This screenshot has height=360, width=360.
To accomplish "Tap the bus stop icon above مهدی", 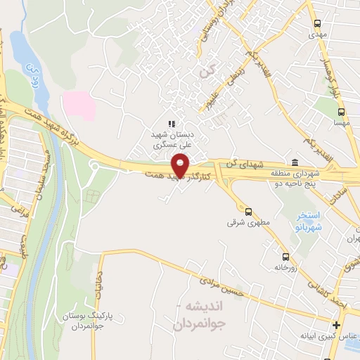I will tap(317, 22).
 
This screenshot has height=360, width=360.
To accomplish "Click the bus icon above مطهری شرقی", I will tap(248, 211).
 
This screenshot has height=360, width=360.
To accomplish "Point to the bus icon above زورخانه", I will tap(285, 257).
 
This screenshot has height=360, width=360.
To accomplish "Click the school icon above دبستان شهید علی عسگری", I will tap(172, 123).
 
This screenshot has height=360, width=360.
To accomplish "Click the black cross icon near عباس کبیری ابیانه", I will tap(337, 325).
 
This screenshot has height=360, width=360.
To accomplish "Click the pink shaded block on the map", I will tap(79, 103).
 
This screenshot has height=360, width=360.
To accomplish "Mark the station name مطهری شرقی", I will tap(241, 222).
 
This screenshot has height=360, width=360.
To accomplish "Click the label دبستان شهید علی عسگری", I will tap(173, 140).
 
